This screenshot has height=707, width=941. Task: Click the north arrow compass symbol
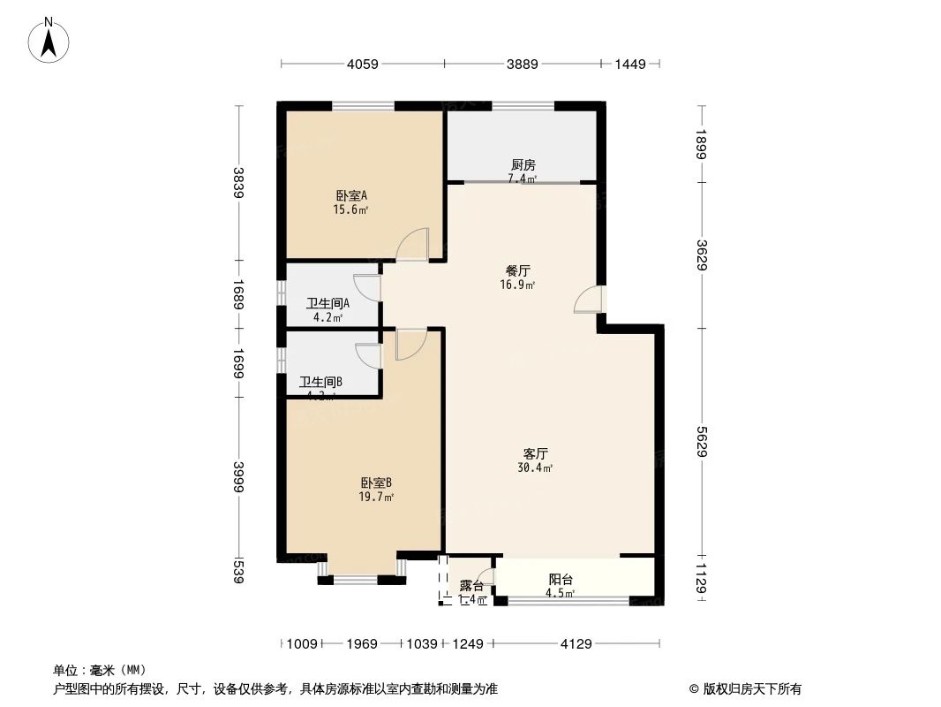tap(50, 39)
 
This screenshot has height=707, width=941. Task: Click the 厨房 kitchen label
tap(523, 164)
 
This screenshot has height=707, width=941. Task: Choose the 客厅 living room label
tap(536, 453)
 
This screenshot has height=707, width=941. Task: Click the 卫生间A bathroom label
tap(328, 303)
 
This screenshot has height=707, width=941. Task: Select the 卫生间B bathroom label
tap(320, 382)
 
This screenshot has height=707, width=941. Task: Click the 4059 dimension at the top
tap(362, 64)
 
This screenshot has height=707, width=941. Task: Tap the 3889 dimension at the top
tap(522, 64)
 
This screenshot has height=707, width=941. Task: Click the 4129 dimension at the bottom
tap(576, 643)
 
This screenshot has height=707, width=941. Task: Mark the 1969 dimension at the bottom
tap(362, 643)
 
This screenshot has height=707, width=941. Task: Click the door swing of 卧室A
tap(413, 245)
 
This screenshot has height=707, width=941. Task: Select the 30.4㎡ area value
tap(536, 468)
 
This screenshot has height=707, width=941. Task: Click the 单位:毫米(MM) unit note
tap(100, 670)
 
